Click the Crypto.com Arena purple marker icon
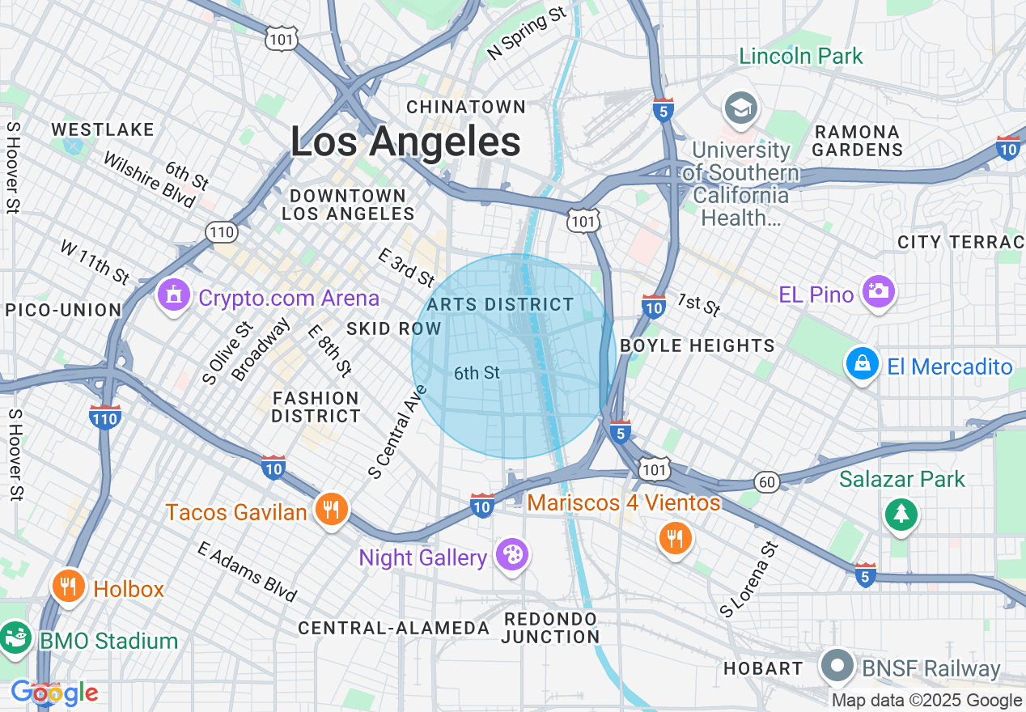click(173, 295)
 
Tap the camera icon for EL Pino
click(879, 291)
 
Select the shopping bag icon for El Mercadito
click(863, 364)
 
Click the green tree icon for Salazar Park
click(901, 514)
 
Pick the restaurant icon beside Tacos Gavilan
click(330, 509)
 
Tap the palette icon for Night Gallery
click(512, 555)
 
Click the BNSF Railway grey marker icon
click(837, 666)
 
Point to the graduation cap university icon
click(740, 108)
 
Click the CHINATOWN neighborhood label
click(466, 107)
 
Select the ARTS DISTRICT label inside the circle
click(500, 304)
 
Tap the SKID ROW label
click(393, 328)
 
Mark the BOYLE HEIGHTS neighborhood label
click(697, 345)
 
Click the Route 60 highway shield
click(767, 482)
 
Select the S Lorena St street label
click(748, 580)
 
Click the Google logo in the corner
click(54, 693)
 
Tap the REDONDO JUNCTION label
click(549, 628)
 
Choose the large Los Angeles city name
click(405, 142)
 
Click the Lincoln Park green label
click(801, 56)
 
